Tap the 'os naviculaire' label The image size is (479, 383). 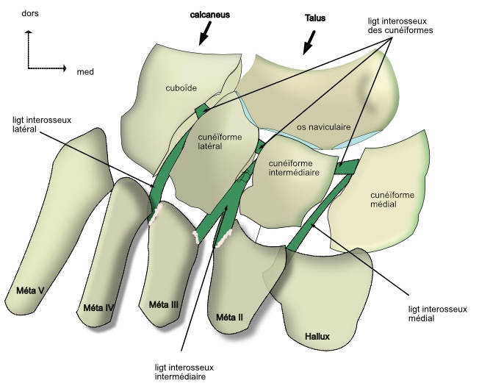(x=323, y=127)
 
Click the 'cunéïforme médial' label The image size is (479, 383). (x=394, y=199)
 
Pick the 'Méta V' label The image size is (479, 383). (x=30, y=290)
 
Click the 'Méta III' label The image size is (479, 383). (x=163, y=304)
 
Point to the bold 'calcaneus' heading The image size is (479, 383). (x=202, y=15)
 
